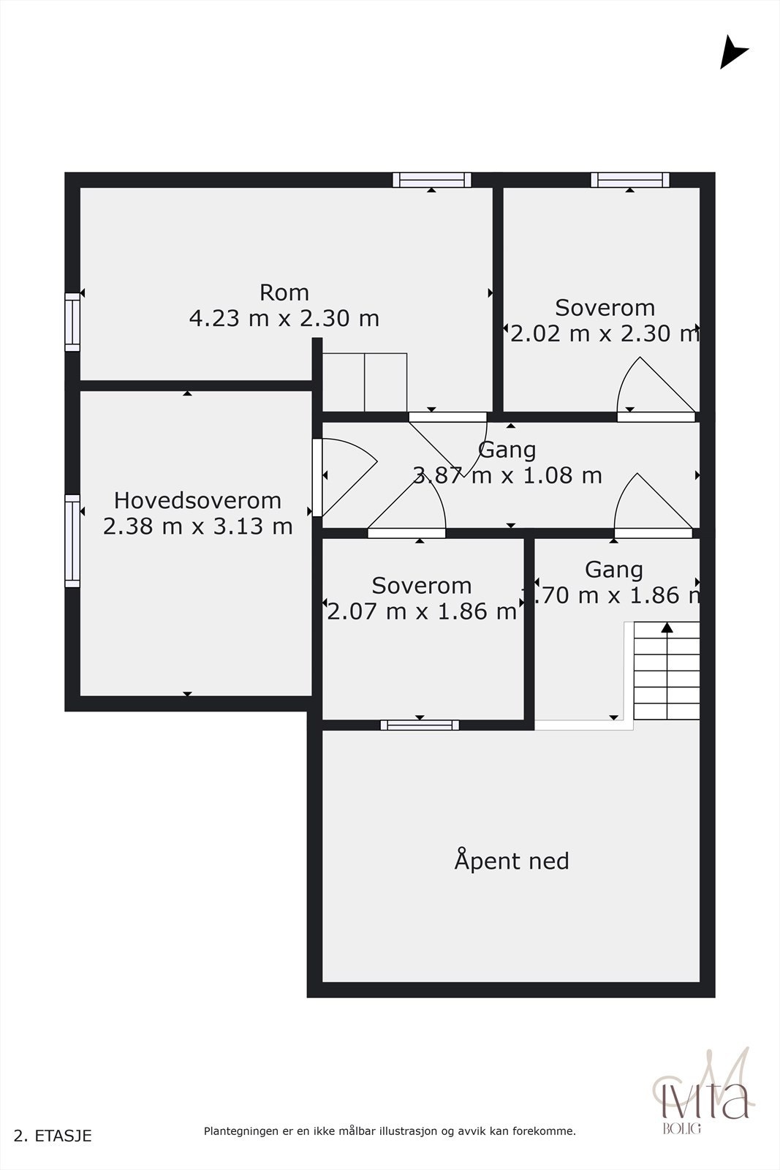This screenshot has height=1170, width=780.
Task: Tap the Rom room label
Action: tap(284, 292)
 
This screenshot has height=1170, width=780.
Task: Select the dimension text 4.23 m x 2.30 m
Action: tap(284, 319)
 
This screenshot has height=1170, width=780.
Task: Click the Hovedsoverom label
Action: tap(197, 500)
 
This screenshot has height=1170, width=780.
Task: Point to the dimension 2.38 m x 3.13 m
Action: tap(197, 526)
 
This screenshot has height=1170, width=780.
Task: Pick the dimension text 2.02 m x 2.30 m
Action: tap(605, 333)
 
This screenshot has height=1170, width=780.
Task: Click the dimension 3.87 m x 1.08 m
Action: tap(508, 475)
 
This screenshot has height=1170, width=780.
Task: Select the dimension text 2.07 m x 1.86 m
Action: tap(422, 611)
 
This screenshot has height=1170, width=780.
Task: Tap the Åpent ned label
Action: tap(511, 861)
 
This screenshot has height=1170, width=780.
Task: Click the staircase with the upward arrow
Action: tap(666, 671)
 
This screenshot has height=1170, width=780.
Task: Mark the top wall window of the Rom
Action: tap(431, 180)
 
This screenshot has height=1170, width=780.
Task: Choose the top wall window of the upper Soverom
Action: tap(630, 180)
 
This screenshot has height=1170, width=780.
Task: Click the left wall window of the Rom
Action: tap(72, 322)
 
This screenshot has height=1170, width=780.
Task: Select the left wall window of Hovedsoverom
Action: tap(72, 541)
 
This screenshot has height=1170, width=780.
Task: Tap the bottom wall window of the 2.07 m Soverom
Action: tap(420, 725)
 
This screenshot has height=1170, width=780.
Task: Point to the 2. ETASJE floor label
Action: tap(53, 1136)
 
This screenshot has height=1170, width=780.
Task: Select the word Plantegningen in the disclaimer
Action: tap(240, 1131)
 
